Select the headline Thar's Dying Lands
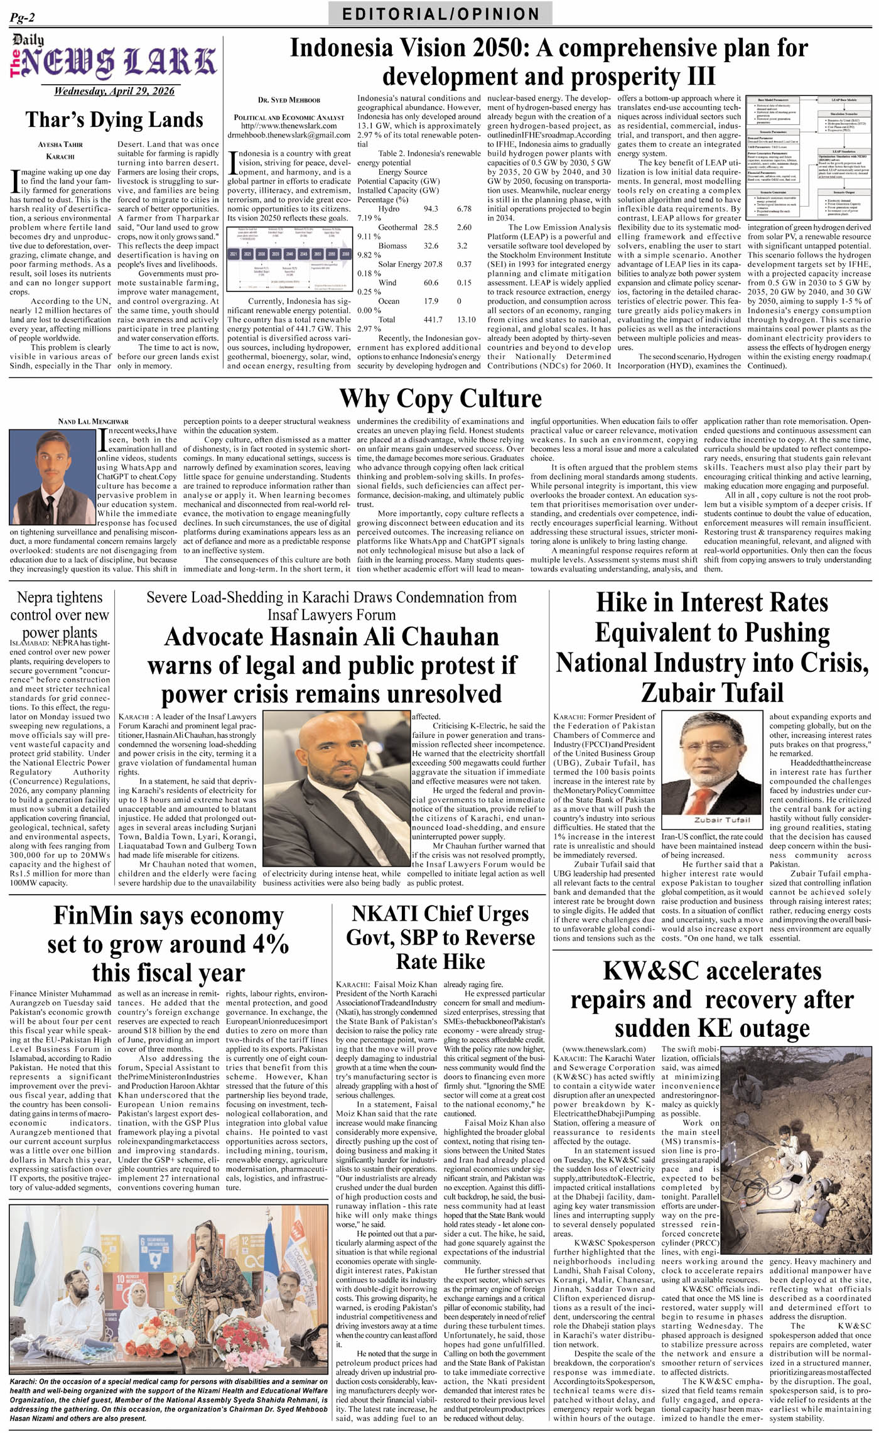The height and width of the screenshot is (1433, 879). pyautogui.click(x=114, y=119)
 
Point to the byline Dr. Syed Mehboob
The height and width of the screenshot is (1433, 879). pyautogui.click(x=289, y=100)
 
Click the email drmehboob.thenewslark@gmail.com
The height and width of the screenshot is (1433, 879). pyautogui.click(x=289, y=134)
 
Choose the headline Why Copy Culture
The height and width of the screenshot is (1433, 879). pyautogui.click(x=440, y=399)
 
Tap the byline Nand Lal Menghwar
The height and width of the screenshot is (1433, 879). pyautogui.click(x=93, y=421)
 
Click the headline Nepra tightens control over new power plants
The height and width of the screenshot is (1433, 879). pyautogui.click(x=59, y=615)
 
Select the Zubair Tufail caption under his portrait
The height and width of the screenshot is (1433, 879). pyautogui.click(x=713, y=820)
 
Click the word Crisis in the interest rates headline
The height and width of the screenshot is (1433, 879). pyautogui.click(x=831, y=662)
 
